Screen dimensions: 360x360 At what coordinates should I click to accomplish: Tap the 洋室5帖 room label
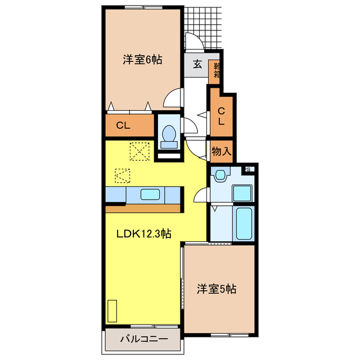[x=216, y=289]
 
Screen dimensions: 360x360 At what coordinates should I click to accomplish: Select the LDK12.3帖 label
[x=144, y=235]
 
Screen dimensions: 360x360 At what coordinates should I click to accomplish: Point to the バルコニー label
[x=143, y=339]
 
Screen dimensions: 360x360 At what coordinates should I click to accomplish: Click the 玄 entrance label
[x=197, y=63]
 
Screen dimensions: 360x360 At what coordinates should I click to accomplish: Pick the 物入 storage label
[x=221, y=151]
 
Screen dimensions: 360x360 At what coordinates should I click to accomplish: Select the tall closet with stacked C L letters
[x=221, y=115]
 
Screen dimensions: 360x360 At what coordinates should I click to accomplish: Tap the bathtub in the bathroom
[x=245, y=223]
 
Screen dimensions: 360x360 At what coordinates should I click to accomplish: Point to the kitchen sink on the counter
[x=152, y=195]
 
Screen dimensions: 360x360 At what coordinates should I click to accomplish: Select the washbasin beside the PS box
[x=221, y=175]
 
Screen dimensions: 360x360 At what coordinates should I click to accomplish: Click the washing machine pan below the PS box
[x=244, y=191]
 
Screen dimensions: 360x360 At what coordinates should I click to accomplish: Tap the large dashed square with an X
[x=138, y=151]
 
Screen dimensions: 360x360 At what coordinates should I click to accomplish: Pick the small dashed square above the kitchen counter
[x=122, y=175]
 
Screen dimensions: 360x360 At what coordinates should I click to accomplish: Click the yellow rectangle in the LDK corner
[x=112, y=311]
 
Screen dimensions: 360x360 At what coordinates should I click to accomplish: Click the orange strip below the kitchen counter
[x=143, y=208]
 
